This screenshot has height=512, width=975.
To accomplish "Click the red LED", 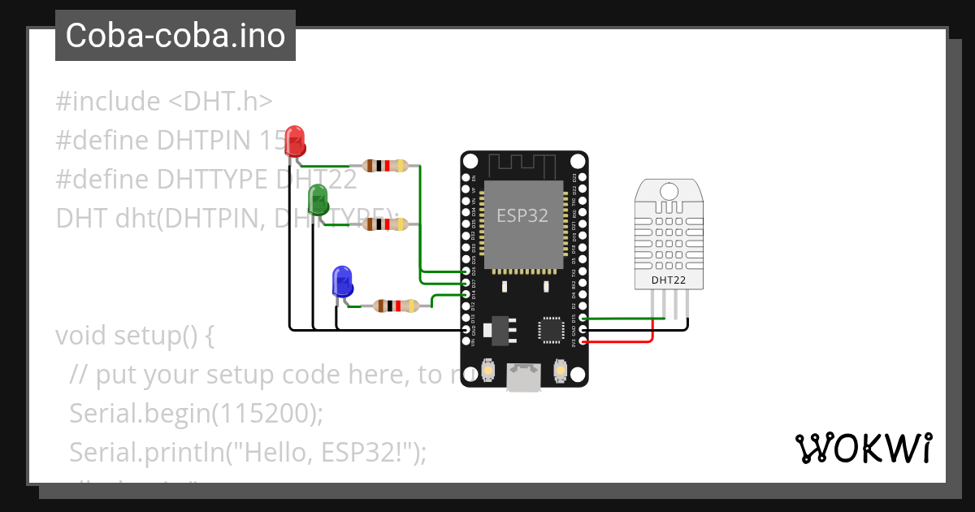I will [x=295, y=140].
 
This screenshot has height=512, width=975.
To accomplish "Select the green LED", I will [x=318, y=199].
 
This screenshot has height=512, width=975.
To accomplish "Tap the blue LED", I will [x=341, y=280].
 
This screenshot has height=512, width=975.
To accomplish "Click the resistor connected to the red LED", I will [x=386, y=166].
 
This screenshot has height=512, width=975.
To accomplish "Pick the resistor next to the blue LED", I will [x=395, y=306].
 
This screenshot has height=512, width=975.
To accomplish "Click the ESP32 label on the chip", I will [x=522, y=215].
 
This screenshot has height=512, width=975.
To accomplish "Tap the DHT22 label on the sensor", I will [x=668, y=280].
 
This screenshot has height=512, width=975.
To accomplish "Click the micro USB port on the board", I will [x=524, y=377].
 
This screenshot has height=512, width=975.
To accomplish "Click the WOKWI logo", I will [x=863, y=448].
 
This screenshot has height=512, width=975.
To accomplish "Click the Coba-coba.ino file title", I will [x=175, y=36].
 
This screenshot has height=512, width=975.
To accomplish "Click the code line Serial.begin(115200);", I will [x=197, y=413].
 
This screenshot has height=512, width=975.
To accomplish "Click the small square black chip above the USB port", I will [x=550, y=329].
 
